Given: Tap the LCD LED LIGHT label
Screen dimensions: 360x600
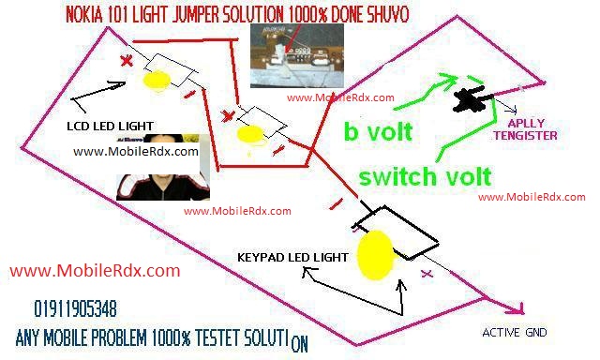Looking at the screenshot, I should point(110,126).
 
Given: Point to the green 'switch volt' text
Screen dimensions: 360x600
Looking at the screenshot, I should point(426,175).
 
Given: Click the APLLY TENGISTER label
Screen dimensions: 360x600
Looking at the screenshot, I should point(525,128).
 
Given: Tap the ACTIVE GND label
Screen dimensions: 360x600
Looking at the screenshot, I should point(515,333).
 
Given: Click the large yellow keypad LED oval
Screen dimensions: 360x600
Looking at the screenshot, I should point(375,254).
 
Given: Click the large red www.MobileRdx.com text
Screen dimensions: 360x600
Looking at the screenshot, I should point(95,271).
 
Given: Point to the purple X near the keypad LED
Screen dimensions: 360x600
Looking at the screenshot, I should point(427,274).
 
